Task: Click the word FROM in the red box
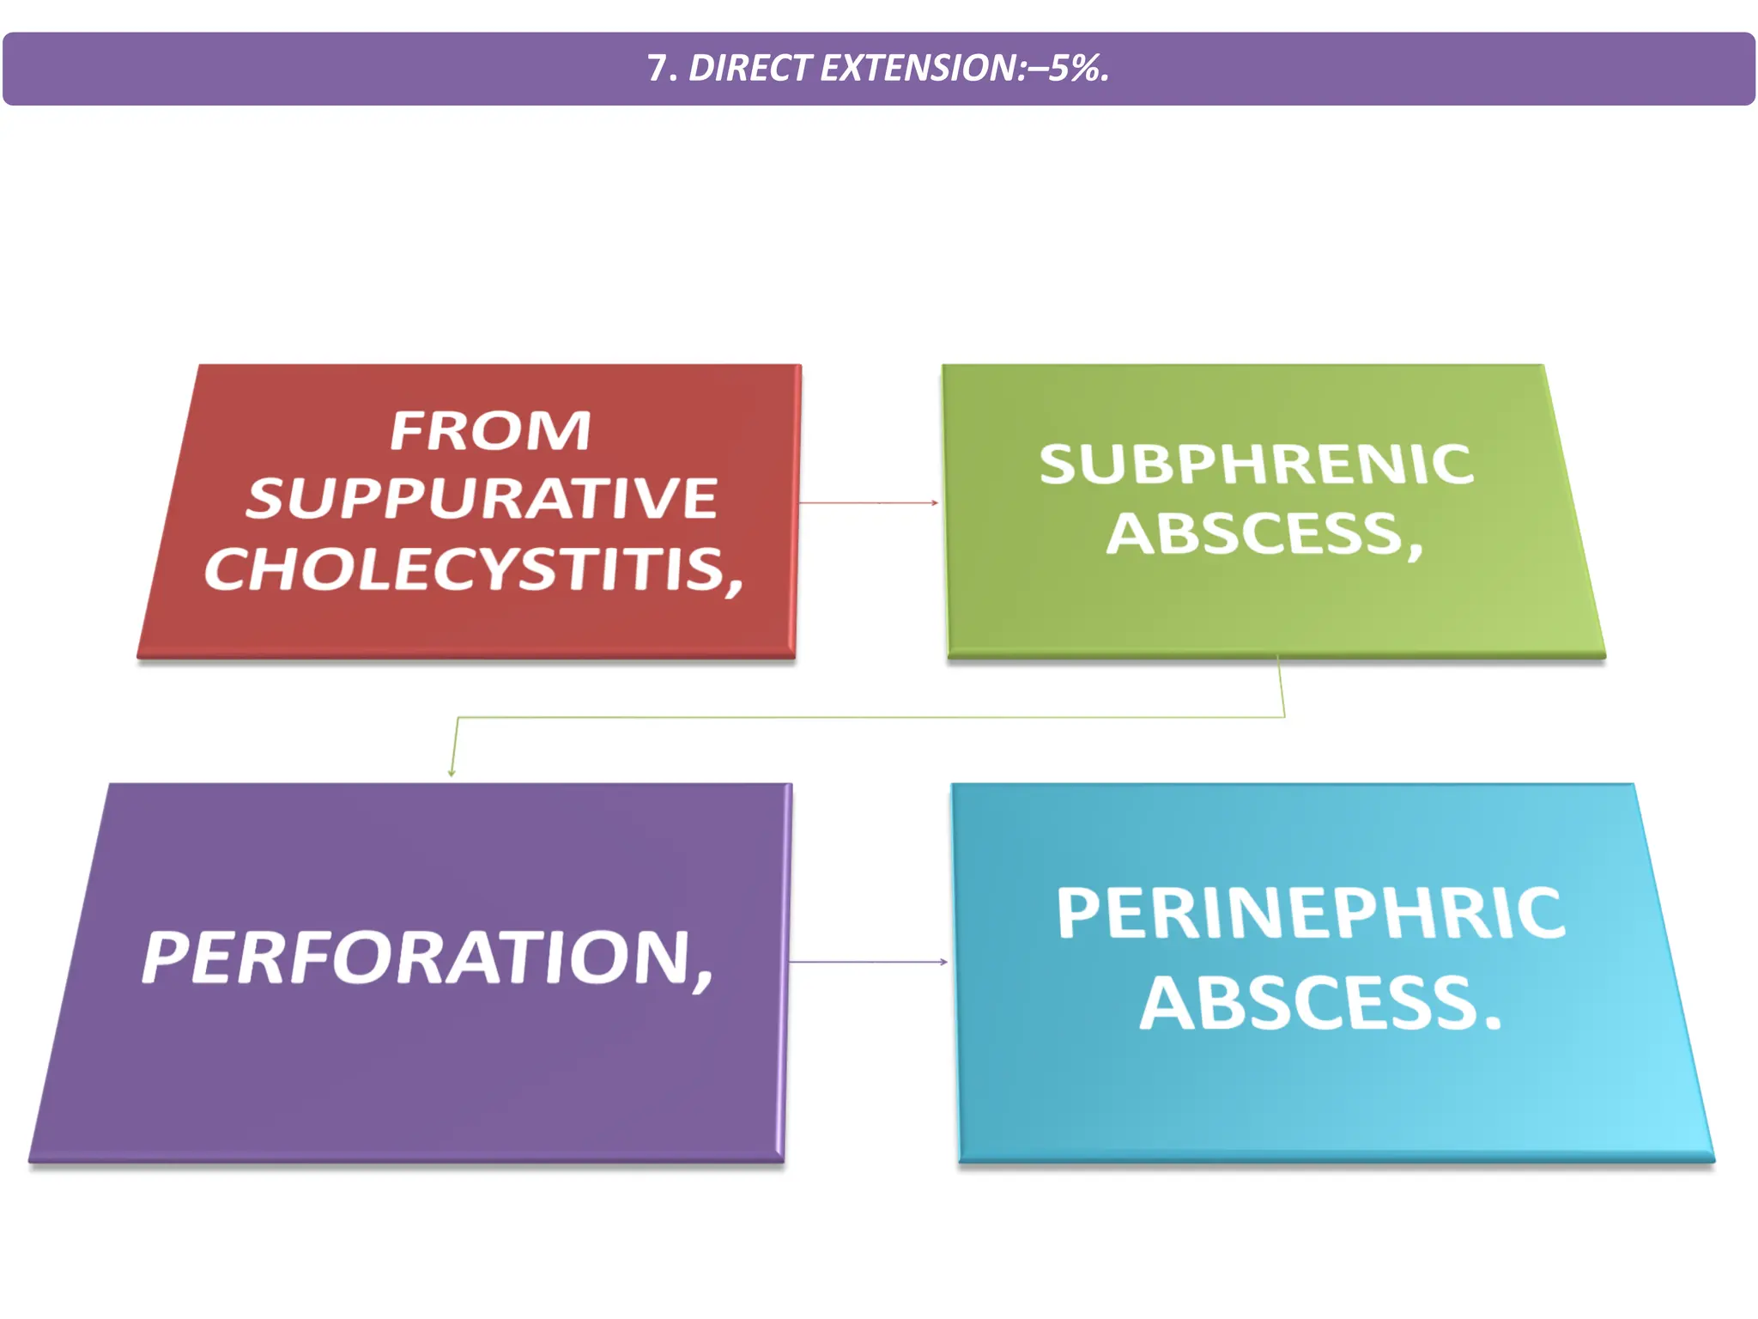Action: tap(490, 430)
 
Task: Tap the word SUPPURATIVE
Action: tap(482, 498)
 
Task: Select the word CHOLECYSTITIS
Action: tap(464, 568)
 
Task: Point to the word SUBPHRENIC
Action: tap(1256, 465)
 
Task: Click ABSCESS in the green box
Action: tap(1254, 534)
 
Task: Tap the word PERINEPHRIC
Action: tap(1310, 913)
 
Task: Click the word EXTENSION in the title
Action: tap(918, 69)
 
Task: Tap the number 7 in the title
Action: tap(657, 69)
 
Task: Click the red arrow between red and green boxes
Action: tap(869, 502)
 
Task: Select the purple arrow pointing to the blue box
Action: tap(867, 962)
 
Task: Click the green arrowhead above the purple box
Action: tap(452, 772)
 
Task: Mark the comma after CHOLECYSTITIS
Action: tap(735, 587)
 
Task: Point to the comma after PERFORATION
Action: tap(705, 980)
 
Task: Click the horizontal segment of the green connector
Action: tap(867, 716)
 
